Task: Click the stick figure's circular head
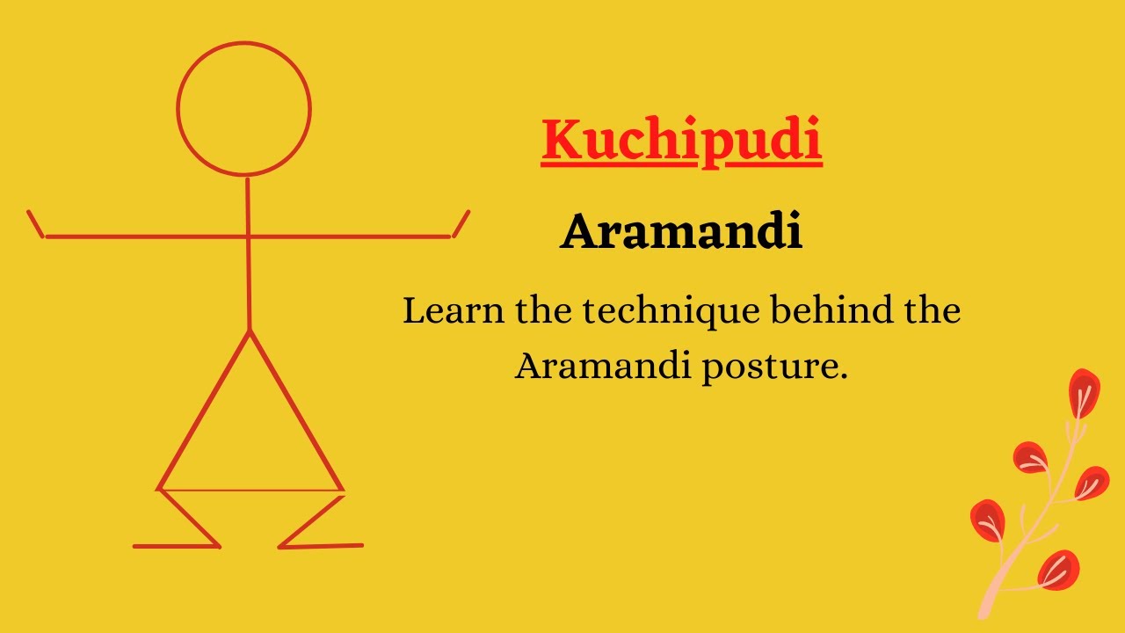(x=244, y=109)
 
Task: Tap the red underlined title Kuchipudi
(x=681, y=141)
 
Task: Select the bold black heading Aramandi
(x=681, y=233)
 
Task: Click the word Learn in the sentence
(x=453, y=311)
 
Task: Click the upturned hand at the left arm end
(x=36, y=223)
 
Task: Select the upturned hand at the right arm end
(x=461, y=223)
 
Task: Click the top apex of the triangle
(x=250, y=331)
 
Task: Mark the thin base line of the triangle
(x=250, y=490)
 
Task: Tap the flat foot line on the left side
(x=176, y=546)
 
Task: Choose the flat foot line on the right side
(x=322, y=546)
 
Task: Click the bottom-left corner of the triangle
(x=159, y=489)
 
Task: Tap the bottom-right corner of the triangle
(x=342, y=489)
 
